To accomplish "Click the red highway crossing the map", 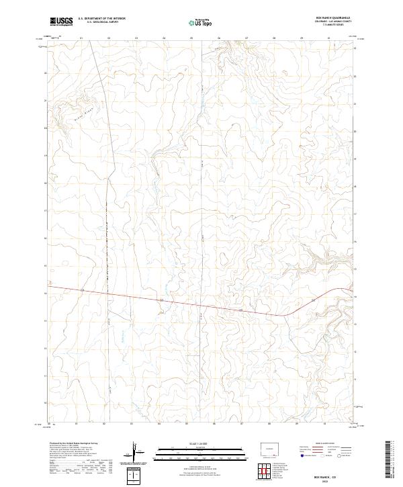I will [201, 304].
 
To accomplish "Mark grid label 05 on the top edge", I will [191, 38].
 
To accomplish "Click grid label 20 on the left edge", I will [45, 128].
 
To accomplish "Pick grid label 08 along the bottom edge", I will [269, 425].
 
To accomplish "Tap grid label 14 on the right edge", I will [355, 296].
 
